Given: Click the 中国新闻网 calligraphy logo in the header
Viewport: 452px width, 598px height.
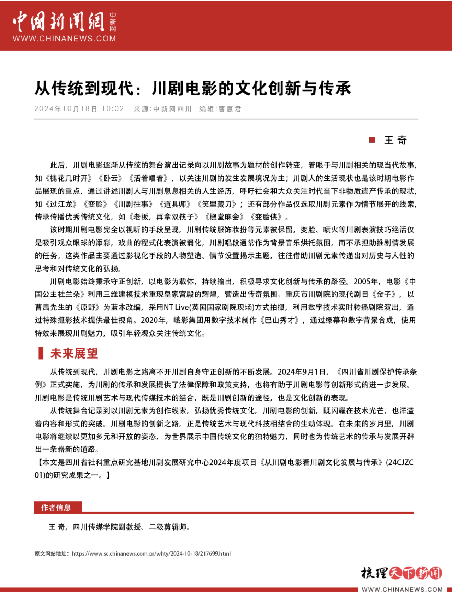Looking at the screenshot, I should point(59,22).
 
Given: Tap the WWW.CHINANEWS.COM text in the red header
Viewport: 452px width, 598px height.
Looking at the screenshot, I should point(64,39).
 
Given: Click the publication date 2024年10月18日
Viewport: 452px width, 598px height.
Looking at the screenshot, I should point(66,109).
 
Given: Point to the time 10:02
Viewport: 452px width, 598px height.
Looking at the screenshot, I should point(113,109).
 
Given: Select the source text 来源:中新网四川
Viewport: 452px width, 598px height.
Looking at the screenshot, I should point(162,109).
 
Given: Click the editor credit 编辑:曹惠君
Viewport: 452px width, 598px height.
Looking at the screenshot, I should point(220,109).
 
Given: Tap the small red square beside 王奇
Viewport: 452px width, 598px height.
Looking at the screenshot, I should point(372,140).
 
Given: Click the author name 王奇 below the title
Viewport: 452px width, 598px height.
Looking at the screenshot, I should point(395,140).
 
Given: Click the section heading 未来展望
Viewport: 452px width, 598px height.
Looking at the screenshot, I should point(74,353).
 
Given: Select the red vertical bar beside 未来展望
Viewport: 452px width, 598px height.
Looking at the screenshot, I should point(41,353).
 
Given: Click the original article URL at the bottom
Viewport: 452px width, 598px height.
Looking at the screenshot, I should point(151,553).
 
